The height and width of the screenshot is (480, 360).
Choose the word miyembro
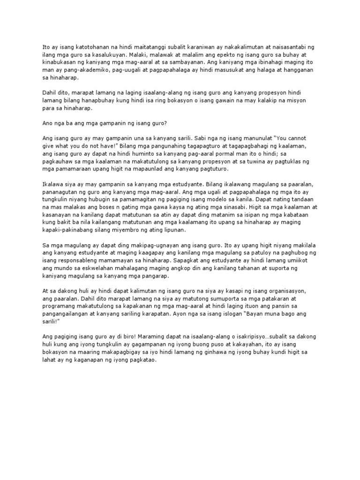135,231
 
